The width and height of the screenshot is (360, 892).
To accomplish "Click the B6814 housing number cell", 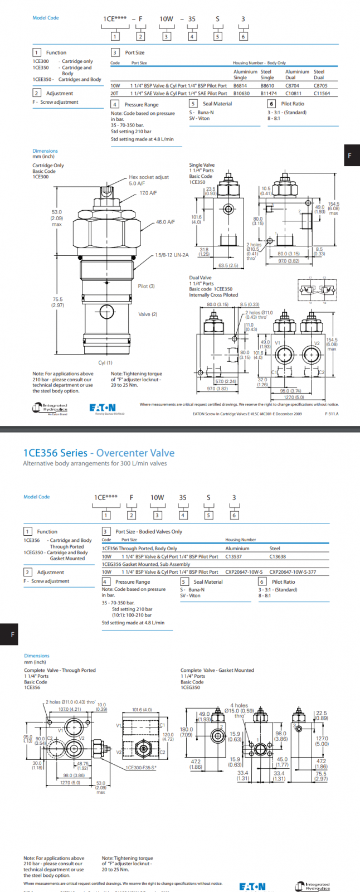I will (x=240, y=86).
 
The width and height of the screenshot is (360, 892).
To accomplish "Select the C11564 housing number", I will (x=322, y=94).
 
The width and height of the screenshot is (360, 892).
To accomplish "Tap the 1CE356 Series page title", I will (x=99, y=453).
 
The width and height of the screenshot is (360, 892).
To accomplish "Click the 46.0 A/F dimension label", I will (x=165, y=222).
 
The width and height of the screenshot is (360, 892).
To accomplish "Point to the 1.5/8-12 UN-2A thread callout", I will (x=172, y=255).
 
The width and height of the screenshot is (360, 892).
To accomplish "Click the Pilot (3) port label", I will (x=146, y=287).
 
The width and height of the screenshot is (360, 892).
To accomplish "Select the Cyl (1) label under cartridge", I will (x=105, y=363).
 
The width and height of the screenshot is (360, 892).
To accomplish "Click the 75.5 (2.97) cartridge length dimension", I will (x=57, y=302).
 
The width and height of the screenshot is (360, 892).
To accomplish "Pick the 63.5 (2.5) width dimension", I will (x=228, y=265).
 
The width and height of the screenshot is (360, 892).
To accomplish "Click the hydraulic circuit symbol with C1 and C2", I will (x=317, y=289).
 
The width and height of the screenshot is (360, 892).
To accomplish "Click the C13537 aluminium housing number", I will (x=233, y=556).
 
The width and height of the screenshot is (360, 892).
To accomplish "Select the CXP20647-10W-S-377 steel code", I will (x=293, y=572).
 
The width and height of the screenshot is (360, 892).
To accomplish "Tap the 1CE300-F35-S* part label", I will (x=141, y=768).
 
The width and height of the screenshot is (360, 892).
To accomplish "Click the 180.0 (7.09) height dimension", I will (x=186, y=732).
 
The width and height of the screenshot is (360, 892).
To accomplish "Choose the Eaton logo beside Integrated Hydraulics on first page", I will (x=103, y=408).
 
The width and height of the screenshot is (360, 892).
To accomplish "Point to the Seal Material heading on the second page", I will (x=208, y=582).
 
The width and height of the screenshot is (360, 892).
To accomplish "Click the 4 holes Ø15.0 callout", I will (x=240, y=709).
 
